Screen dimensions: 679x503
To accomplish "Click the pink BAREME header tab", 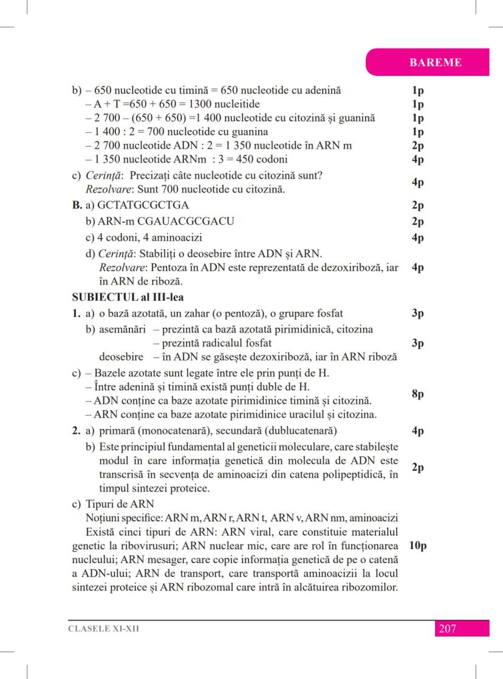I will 435,62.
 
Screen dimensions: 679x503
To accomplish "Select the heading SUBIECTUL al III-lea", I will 128,297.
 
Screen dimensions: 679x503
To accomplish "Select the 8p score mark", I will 417,394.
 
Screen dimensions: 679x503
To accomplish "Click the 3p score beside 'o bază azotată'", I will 417,314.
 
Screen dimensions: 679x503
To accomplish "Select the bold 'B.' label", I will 77,205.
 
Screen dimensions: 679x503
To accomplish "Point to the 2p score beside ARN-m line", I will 417,221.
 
